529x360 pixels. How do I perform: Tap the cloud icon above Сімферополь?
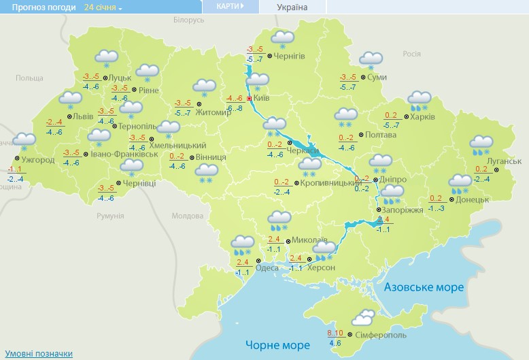[x=364, y=318]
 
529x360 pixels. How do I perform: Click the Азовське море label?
[x=424, y=287]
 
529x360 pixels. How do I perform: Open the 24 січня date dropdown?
[x=103, y=7]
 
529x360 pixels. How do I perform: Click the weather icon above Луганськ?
[x=481, y=144]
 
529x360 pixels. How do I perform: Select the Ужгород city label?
[x=33, y=159]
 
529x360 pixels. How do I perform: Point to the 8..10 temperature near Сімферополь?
[x=335, y=332]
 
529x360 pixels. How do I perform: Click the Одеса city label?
[x=267, y=267]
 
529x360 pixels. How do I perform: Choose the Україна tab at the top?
[x=292, y=7]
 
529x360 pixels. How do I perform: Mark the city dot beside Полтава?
[x=360, y=135]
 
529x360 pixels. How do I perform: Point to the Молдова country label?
[x=187, y=216]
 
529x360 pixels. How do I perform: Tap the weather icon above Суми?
[x=371, y=60]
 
